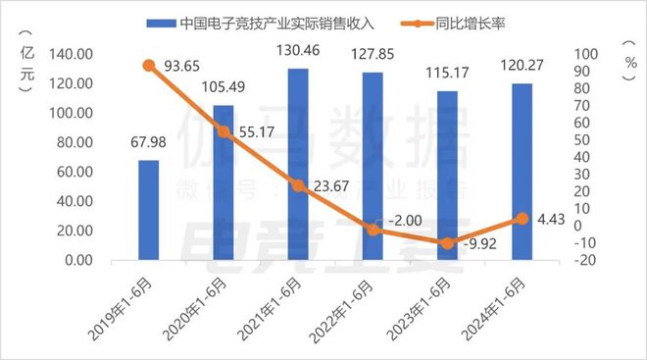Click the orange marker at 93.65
point(149,66)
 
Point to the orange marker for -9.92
point(447,242)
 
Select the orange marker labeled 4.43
point(522,219)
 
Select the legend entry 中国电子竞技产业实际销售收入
point(255,20)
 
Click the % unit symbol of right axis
point(631,60)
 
